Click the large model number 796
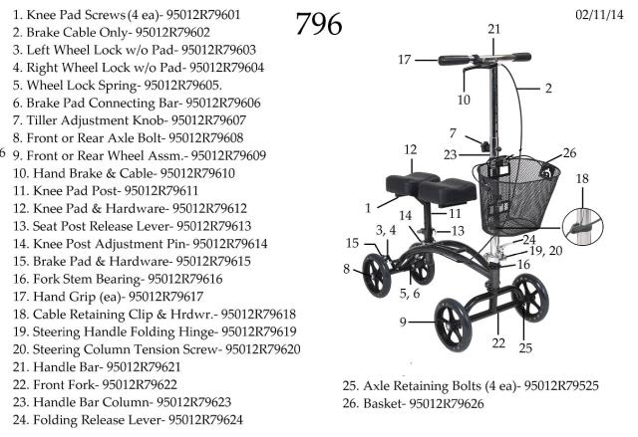(319, 24)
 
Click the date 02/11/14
(599, 15)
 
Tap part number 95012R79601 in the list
(203, 15)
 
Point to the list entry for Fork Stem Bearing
(118, 279)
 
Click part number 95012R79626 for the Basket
(447, 404)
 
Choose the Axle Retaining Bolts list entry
(471, 385)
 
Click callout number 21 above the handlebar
(493, 29)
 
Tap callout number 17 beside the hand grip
(405, 60)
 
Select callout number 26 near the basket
(569, 153)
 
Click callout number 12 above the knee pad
(411, 150)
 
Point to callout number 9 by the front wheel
(403, 323)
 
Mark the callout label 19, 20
(546, 251)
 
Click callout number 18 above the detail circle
(582, 179)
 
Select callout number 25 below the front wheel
(525, 348)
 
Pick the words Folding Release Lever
(99, 420)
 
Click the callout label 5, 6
(410, 294)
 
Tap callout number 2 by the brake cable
(548, 89)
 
